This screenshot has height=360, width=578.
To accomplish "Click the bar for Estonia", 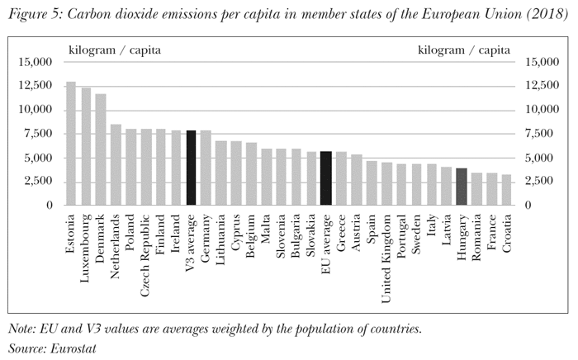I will click(x=70, y=144).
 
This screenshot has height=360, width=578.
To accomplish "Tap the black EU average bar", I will click(x=325, y=178).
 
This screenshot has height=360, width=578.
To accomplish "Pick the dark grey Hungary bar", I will click(x=462, y=187).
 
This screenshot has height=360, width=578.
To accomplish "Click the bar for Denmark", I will click(x=101, y=149).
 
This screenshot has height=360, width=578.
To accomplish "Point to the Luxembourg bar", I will click(x=86, y=146).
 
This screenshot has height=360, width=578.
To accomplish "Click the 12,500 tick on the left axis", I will click(x=36, y=86).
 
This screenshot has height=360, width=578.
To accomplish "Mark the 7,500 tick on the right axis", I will click(x=536, y=134).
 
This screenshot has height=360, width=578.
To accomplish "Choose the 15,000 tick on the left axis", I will click(x=36, y=62).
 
